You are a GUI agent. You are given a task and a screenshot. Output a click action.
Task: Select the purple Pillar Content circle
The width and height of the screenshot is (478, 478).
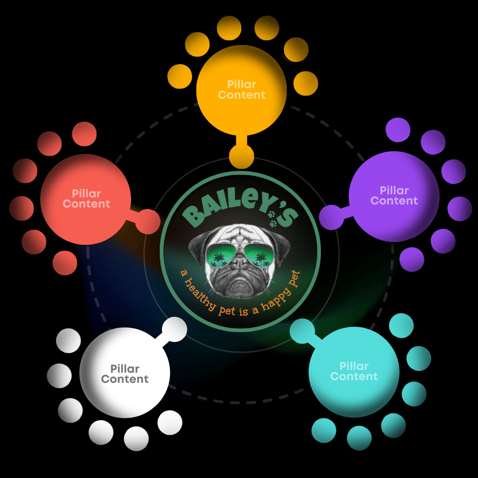pyautogui.click(x=394, y=196)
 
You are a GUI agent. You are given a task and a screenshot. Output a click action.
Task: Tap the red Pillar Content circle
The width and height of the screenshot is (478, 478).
pyautogui.click(x=86, y=199)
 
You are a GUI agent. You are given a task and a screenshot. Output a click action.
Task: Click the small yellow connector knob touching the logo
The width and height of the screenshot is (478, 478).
pyautogui.click(x=241, y=157)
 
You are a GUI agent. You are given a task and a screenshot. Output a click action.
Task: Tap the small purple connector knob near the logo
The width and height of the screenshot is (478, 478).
pyautogui.click(x=332, y=217)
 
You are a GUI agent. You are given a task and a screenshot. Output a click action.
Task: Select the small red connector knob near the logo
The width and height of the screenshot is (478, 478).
pyautogui.click(x=147, y=222)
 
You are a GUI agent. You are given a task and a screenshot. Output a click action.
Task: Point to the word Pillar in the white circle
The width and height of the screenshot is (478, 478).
pyautogui.click(x=125, y=368)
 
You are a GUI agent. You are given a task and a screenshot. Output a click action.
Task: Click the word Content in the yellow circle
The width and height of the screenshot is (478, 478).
pyautogui.click(x=242, y=95)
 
